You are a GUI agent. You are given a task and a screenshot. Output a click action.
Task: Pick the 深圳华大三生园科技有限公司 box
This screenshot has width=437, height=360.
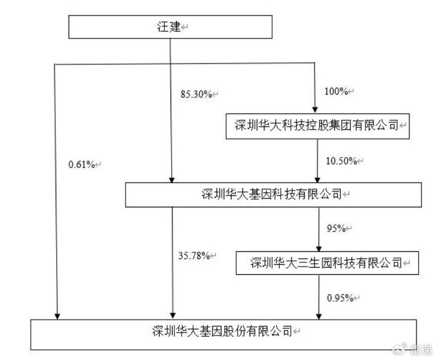pyautogui.click(x=325, y=263)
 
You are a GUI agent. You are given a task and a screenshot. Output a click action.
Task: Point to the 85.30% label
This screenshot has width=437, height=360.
pyautogui.click(x=194, y=94)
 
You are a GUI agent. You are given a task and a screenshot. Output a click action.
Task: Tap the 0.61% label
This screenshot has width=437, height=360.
pyautogui.click(x=82, y=165)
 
